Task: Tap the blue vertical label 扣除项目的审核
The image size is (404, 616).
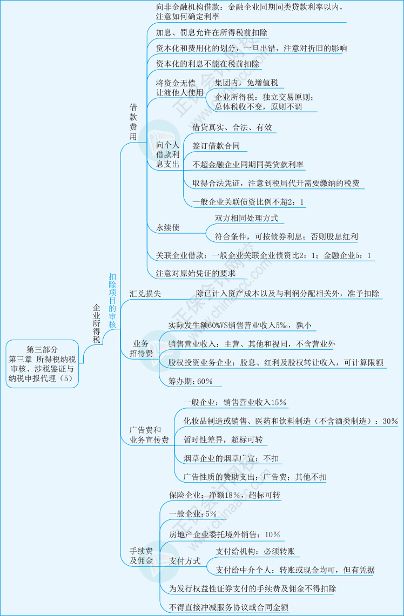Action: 112,300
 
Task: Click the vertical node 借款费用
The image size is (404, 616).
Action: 133,122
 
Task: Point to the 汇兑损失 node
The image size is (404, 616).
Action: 145,294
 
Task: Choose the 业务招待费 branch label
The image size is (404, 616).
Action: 141,348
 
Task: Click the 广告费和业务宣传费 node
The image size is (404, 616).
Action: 149,435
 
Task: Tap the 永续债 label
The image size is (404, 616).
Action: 168,228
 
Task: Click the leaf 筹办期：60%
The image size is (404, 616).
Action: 191,381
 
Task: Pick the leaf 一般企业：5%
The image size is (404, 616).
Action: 192,513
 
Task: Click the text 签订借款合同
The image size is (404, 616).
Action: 216,146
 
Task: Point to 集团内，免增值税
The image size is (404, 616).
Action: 246,83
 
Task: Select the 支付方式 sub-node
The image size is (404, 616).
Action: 185,561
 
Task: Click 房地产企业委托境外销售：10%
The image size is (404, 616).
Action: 224,534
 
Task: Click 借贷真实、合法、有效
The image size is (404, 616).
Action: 232,128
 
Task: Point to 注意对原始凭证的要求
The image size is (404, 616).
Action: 196,273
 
